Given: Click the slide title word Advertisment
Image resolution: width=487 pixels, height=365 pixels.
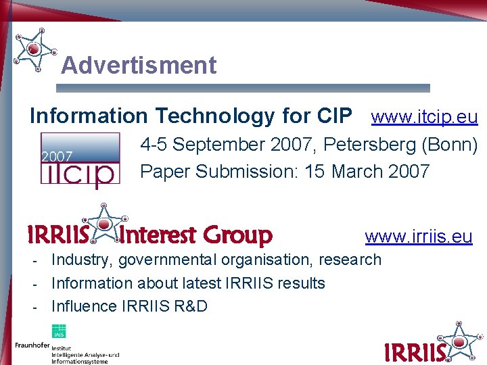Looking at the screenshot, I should click(139, 66).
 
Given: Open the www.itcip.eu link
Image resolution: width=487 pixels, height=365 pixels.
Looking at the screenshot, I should click(425, 117).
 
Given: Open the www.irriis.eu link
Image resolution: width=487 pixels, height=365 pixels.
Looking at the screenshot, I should click(419, 236).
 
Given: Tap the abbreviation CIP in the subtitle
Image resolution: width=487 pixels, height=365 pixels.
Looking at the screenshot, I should click(334, 116).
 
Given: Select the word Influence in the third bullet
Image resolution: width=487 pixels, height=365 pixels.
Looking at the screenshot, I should click(84, 306).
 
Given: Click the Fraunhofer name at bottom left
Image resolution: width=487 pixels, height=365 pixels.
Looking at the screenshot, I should click(32, 345).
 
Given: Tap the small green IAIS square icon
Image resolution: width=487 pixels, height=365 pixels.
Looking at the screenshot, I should click(59, 331).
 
